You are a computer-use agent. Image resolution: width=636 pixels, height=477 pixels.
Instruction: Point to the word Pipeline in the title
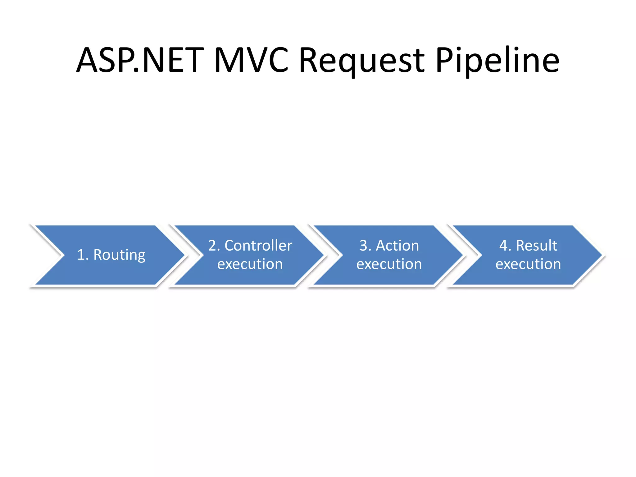[x=497, y=61]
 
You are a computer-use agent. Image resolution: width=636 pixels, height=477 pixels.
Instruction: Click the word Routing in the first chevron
[x=119, y=255]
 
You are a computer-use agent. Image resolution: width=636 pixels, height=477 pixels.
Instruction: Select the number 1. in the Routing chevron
[x=83, y=255]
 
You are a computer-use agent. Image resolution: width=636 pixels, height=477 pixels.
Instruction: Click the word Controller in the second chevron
[x=258, y=246]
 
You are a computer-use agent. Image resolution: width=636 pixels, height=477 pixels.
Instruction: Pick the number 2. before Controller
[x=214, y=246]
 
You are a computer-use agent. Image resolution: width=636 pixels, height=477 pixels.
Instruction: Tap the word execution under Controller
[x=250, y=264]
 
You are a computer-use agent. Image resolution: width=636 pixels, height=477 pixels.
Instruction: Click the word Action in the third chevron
[x=397, y=246]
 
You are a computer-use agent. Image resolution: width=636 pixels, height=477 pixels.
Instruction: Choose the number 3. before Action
[x=366, y=246]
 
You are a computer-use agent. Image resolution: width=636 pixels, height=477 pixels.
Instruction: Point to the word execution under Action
[x=389, y=264]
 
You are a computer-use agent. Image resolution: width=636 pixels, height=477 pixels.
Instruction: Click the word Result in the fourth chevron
[x=536, y=246]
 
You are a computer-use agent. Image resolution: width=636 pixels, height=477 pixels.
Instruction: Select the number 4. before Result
[x=505, y=246]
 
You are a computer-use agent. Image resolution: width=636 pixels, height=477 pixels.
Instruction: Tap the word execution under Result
[x=528, y=264]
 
